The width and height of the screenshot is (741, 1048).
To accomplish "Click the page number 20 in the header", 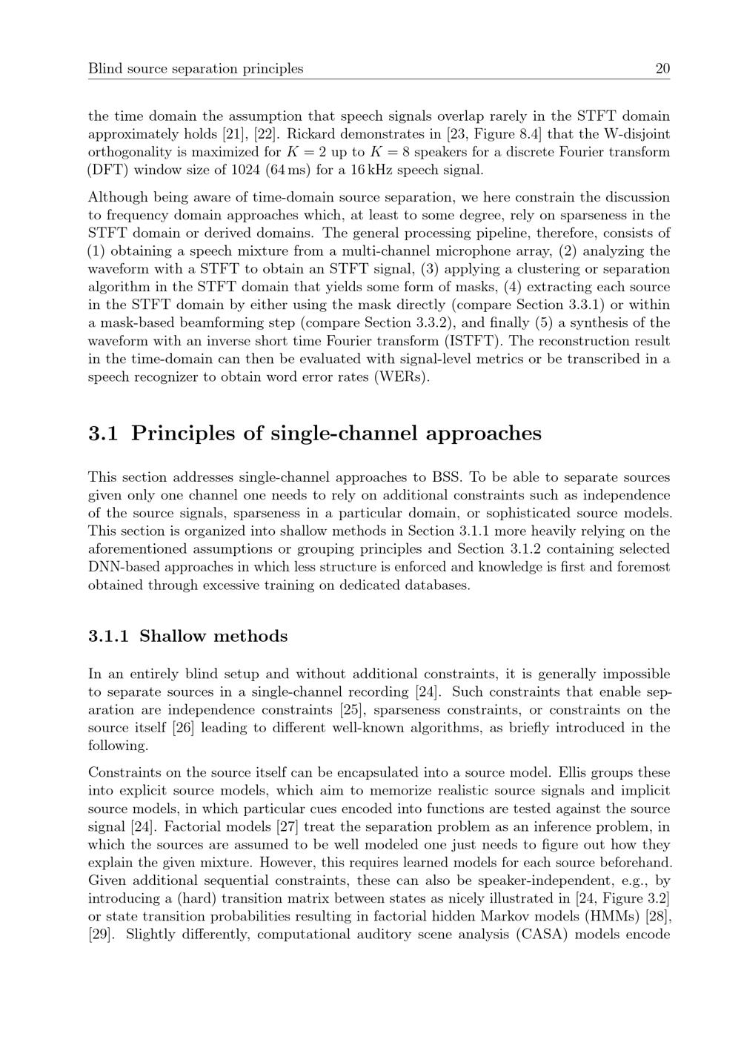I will click(662, 69).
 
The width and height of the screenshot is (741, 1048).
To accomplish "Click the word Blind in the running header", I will click(103, 69).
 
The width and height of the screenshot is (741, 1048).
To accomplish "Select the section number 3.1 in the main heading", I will click(103, 433).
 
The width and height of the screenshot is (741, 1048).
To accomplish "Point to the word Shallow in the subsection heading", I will click(174, 636).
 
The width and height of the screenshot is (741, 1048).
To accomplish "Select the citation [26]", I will click(183, 728).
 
